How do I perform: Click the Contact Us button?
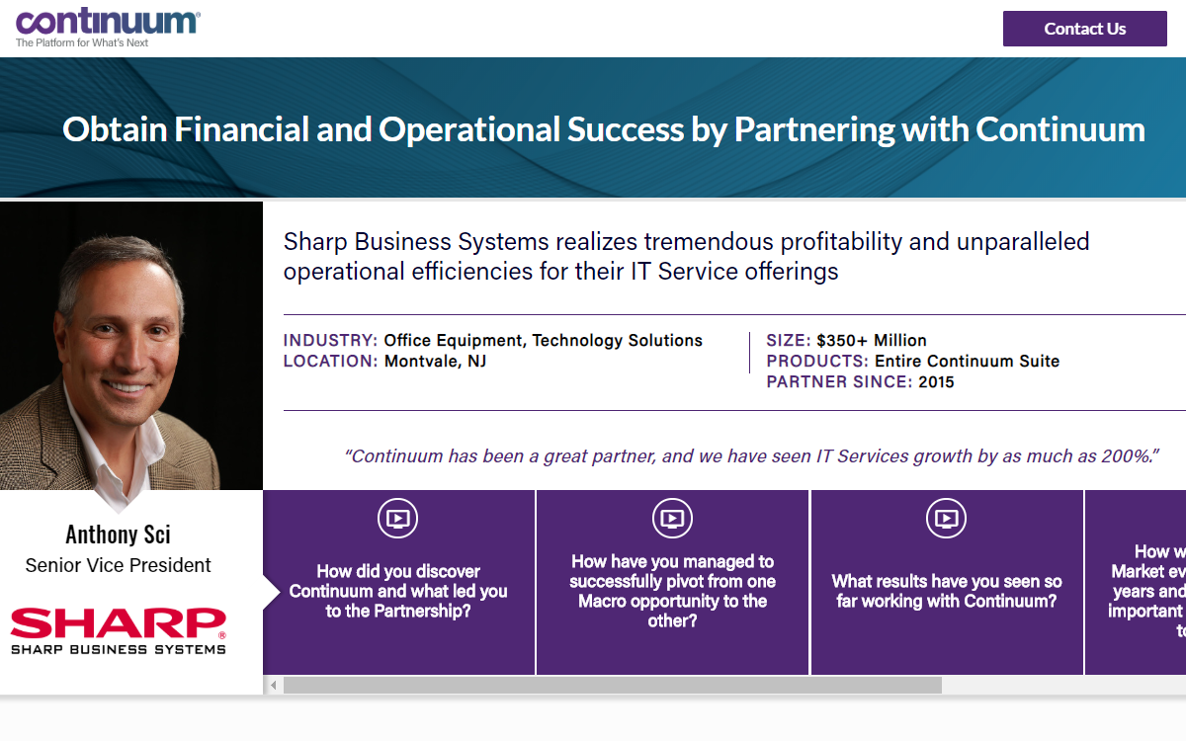point(1084,29)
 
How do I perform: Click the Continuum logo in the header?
point(108,22)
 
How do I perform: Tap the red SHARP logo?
point(118,624)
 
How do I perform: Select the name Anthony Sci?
point(118,535)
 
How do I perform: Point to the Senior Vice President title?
point(118,565)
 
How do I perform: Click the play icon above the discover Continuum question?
point(397,518)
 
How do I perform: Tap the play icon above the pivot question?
point(672,518)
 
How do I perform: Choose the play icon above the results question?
point(946,518)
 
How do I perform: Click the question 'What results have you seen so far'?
point(946,591)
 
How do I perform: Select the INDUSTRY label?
point(330,341)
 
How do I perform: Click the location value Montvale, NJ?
point(435,362)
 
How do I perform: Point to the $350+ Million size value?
point(871,341)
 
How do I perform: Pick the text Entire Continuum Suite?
point(967,362)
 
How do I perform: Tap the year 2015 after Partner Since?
point(936,382)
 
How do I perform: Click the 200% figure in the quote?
point(1131,456)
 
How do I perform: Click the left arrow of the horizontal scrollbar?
point(273,685)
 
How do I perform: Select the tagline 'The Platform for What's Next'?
point(82,43)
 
